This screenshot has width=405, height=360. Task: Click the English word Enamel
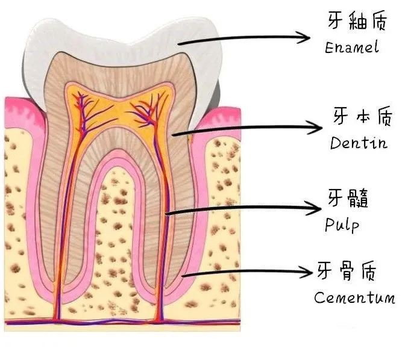click(x=352, y=48)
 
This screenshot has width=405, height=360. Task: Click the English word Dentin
click(x=359, y=144)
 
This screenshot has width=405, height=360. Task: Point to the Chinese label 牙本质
click(x=359, y=117)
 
